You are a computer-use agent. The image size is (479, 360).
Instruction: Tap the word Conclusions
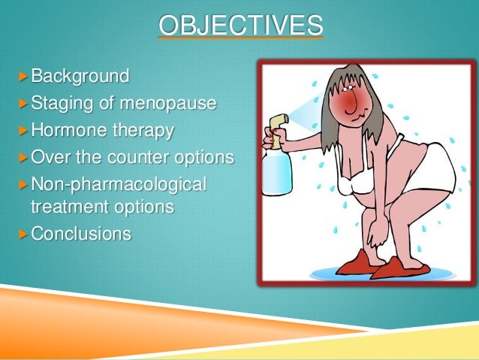click(x=80, y=234)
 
